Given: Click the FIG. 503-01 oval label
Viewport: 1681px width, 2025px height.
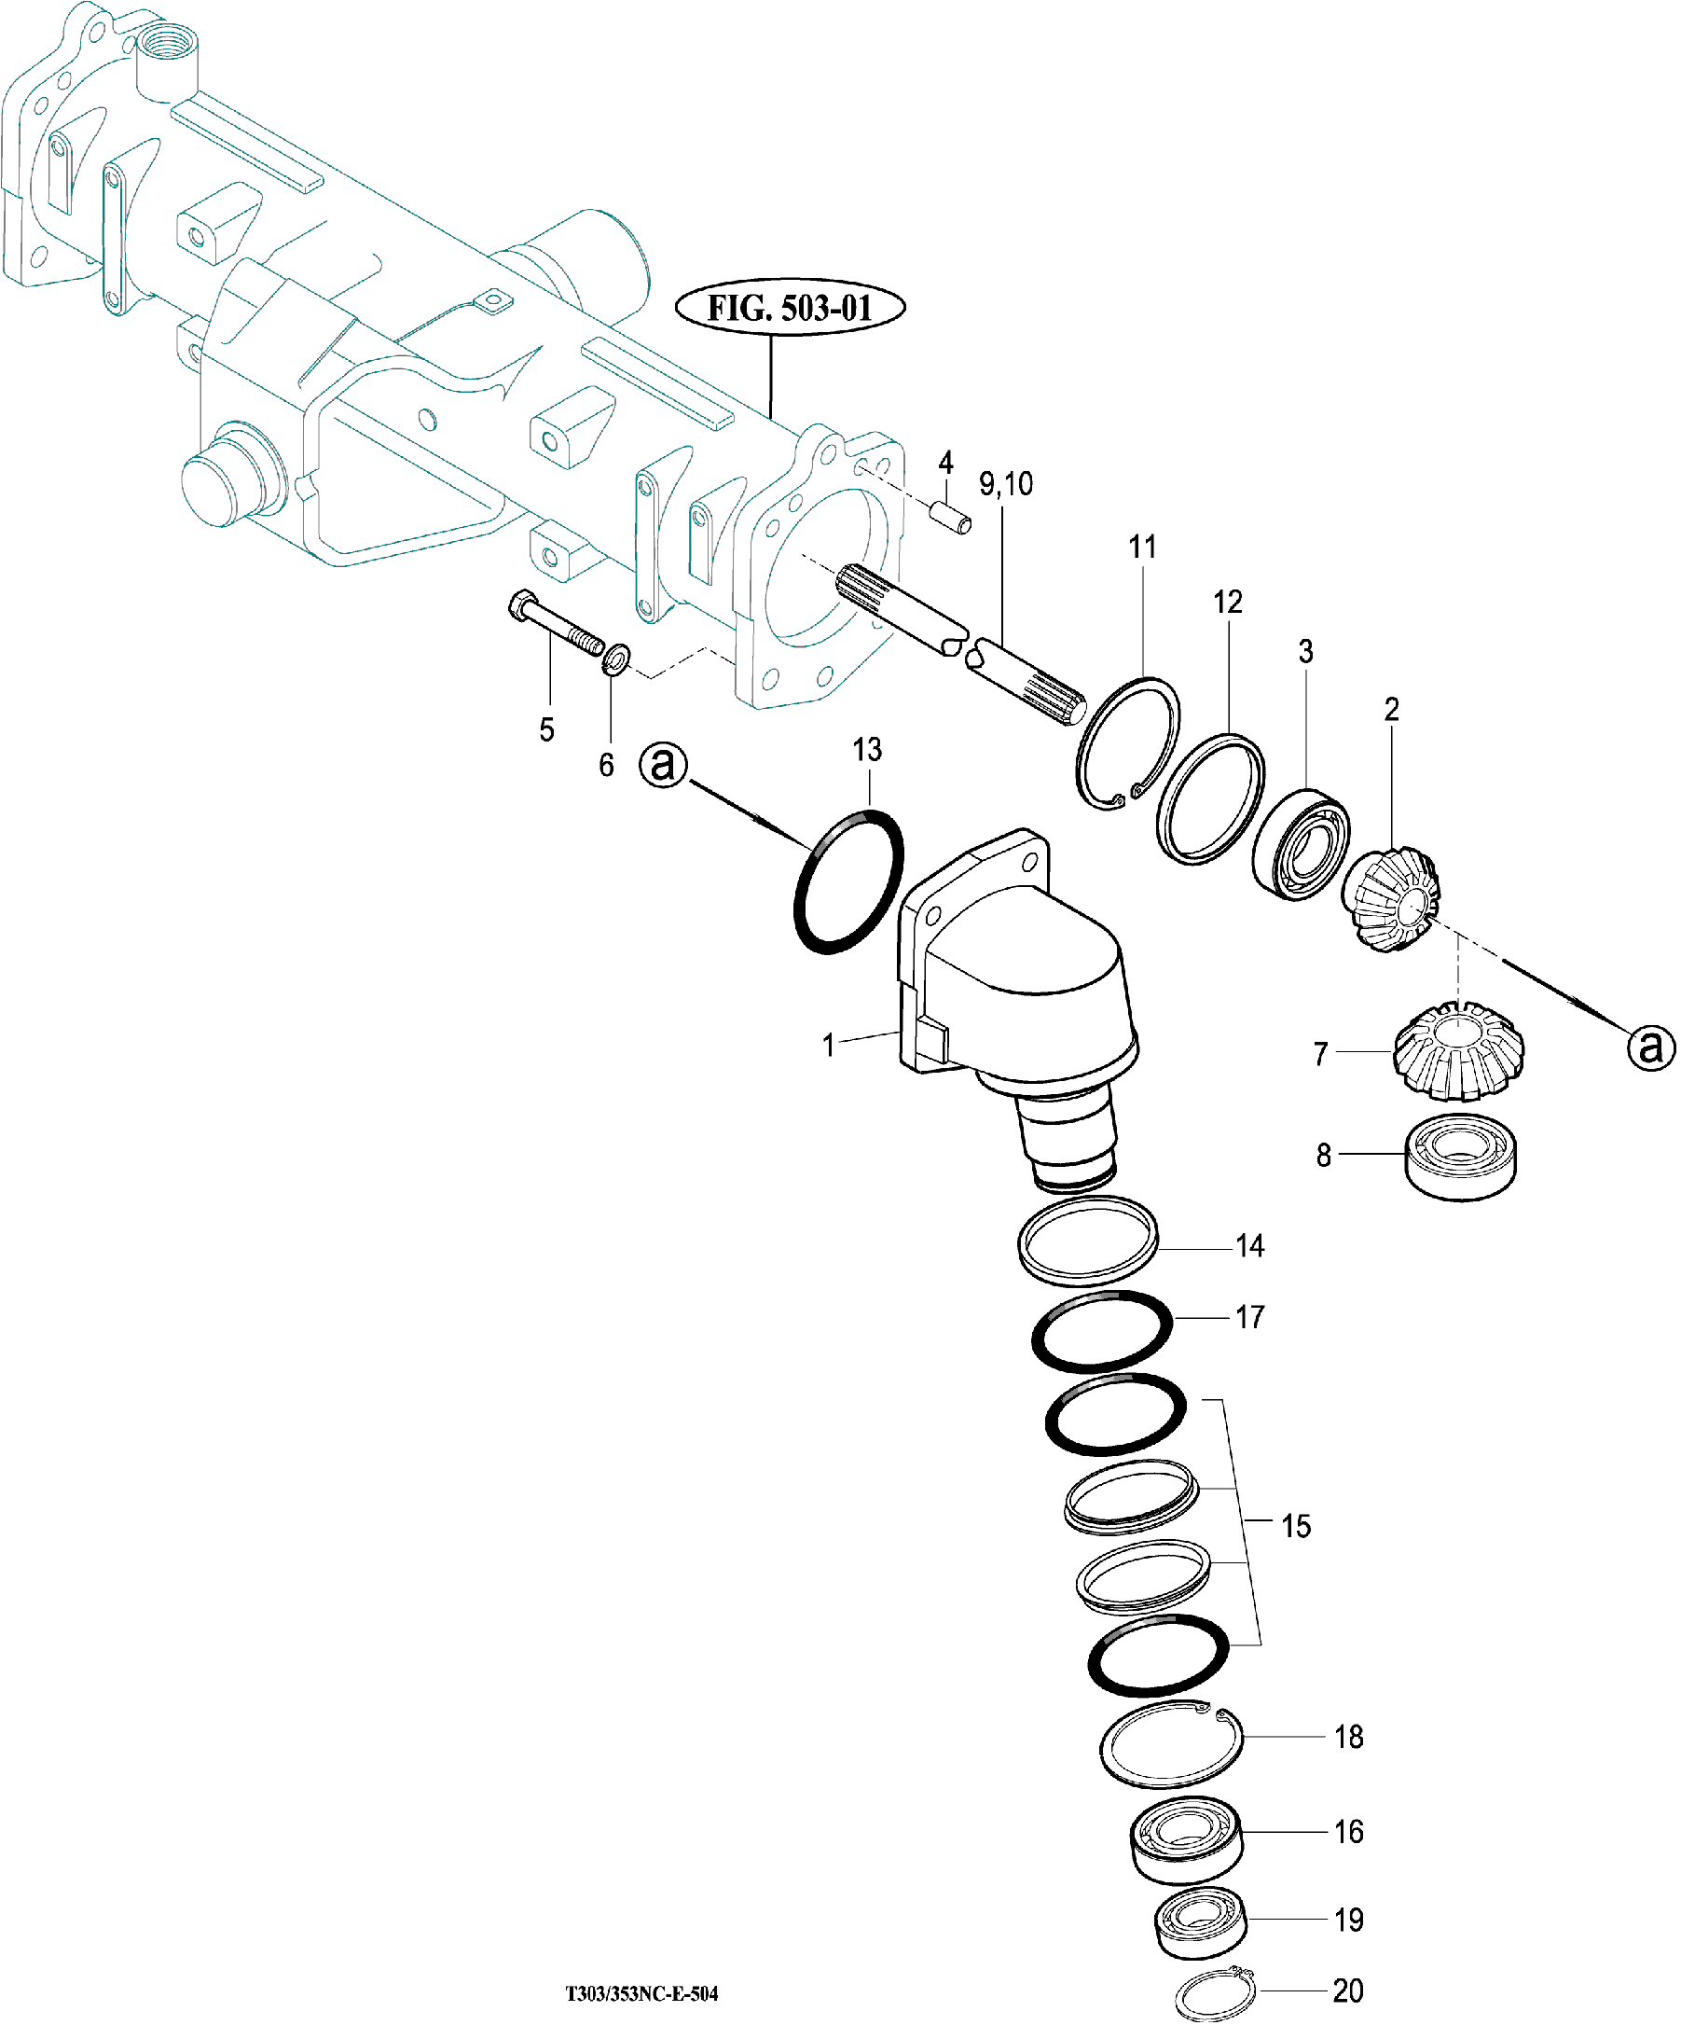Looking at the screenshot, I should pos(790,309).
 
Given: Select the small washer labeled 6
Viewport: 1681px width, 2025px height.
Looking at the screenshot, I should pos(616,659).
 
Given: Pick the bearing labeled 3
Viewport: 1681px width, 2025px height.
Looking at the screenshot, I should pos(1302,845).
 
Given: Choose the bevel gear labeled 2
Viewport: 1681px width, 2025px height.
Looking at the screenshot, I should pos(1391,897).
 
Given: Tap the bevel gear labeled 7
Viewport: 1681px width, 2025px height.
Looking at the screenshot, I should pos(1457,1050).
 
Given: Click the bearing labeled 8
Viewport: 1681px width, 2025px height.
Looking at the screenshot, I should pos(1460,1157).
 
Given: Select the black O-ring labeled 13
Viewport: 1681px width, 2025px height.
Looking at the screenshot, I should pos(848,881).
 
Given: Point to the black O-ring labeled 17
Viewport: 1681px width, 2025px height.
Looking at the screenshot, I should pos(1102,1331).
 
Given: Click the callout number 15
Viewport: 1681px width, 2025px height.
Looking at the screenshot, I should pos(1295,1527).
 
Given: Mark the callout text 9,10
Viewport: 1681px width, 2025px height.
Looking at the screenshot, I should pos(1005,483).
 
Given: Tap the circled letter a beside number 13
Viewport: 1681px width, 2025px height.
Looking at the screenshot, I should pos(663,765).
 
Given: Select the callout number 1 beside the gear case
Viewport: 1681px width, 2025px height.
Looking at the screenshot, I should pos(828,1045).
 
